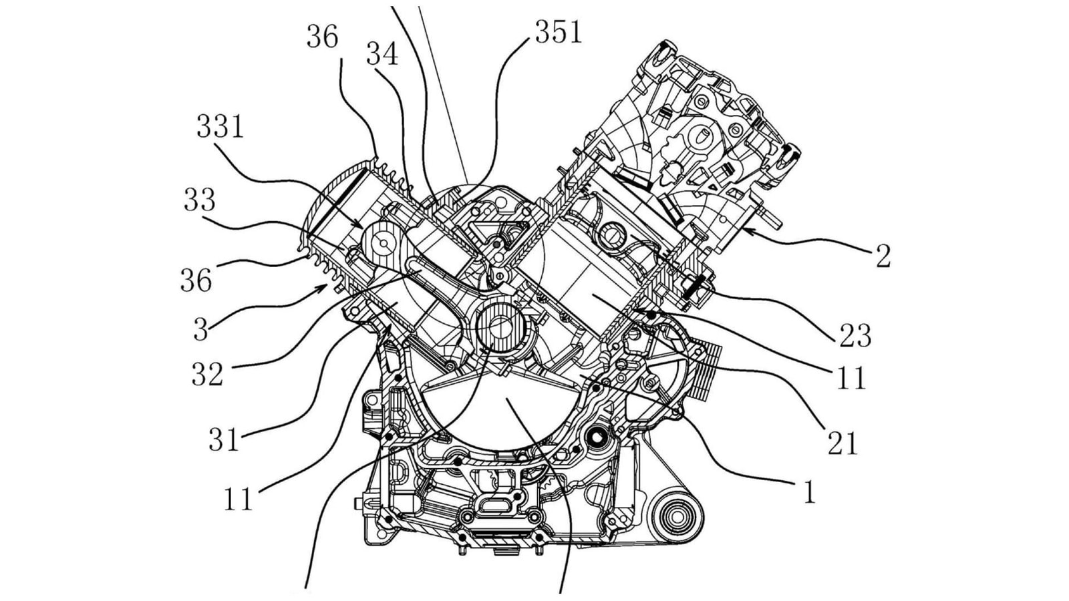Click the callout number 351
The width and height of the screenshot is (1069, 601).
(558, 31)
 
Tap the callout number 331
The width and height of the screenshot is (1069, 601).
(220, 126)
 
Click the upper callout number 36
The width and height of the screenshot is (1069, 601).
(323, 37)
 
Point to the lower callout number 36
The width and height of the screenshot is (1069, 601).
(196, 280)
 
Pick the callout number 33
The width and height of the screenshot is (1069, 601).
(199, 200)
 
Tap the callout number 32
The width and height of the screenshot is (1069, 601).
(207, 375)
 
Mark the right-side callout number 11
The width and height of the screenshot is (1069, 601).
(851, 379)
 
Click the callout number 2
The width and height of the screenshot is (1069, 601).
(883, 256)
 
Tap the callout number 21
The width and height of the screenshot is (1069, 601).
(843, 443)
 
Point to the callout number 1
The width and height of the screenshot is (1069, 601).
(809, 493)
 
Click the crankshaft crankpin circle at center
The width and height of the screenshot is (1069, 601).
(499, 327)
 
